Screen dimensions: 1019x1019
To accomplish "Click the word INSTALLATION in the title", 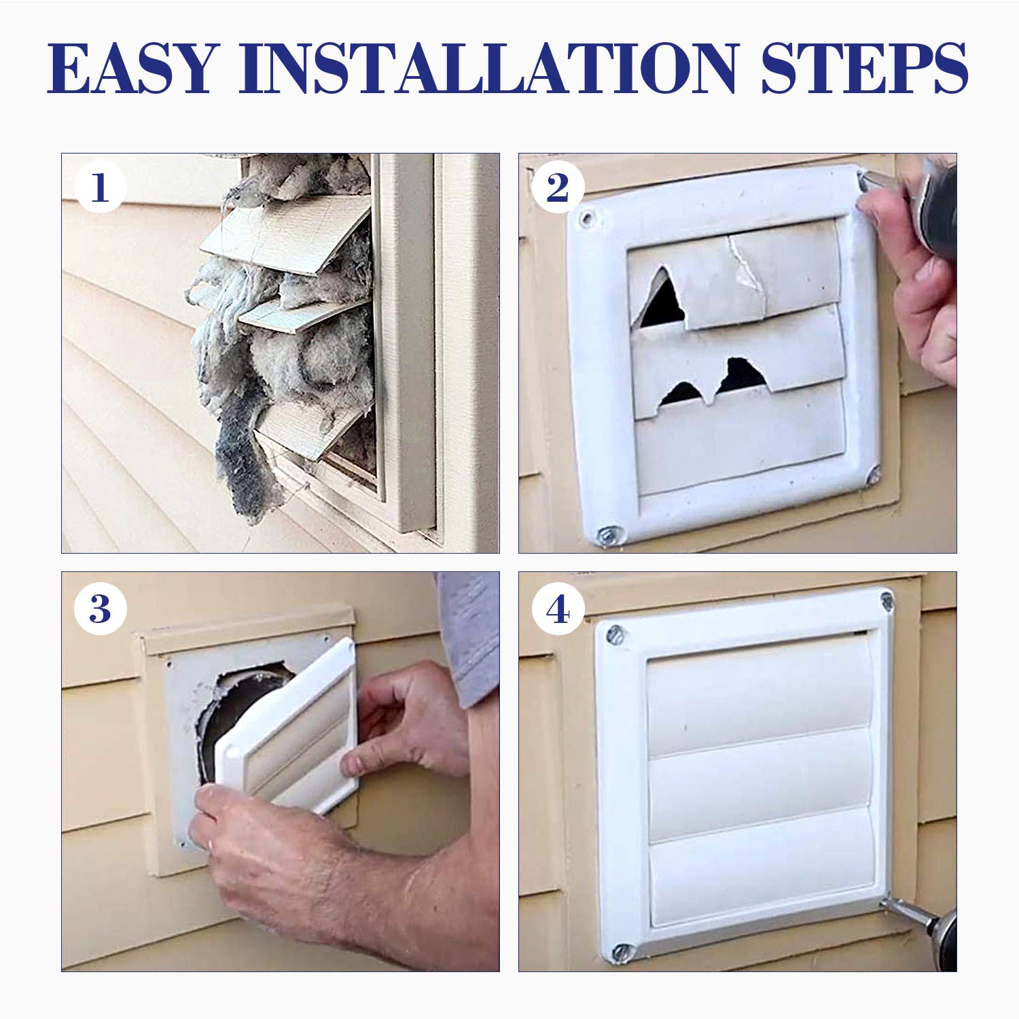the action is click(488, 69).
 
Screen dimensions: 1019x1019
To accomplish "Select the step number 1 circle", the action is click(100, 187).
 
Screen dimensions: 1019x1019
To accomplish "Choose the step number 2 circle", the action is click(557, 187).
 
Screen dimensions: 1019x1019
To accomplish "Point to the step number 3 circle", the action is click(100, 609).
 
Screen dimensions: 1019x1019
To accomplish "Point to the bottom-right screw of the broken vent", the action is click(872, 478).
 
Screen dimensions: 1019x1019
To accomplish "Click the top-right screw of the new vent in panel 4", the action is click(887, 600).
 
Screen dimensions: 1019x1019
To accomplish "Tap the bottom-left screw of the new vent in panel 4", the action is click(621, 952).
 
